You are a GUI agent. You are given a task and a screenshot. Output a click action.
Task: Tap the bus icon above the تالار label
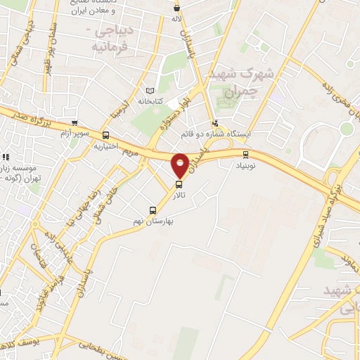[x=178, y=185]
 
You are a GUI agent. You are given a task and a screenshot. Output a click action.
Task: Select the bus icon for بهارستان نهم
[x=153, y=210]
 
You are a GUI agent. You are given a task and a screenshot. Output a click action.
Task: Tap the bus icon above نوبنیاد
[x=245, y=155]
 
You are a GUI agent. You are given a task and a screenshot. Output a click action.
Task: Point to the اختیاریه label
[x=105, y=147]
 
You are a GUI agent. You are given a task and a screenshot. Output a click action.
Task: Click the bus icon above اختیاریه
[x=105, y=136]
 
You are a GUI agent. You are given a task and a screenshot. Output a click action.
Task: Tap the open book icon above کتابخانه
[x=148, y=91]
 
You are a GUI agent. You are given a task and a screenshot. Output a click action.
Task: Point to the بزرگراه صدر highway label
[x=28, y=117]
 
